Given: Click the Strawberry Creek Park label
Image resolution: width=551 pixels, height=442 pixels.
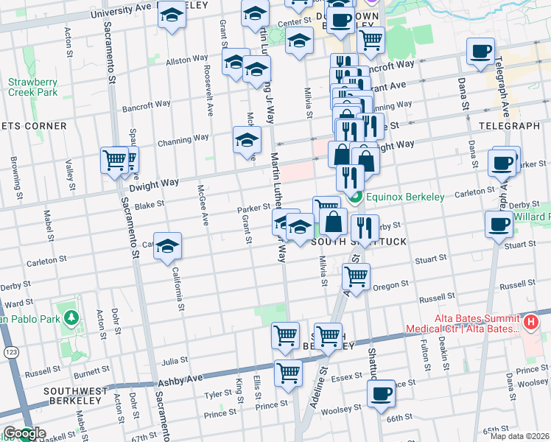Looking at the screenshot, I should point(33,87).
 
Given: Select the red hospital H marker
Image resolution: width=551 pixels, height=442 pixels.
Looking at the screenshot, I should point(529,322).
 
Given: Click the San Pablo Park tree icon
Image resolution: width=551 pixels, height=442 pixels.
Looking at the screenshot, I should point(71,318).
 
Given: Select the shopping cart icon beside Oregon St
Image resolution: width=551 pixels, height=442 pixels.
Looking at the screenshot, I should point(357,277).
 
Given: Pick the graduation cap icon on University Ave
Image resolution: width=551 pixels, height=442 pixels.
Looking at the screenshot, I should point(172,16).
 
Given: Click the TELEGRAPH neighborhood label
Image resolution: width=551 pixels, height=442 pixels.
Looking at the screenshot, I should point(509,127).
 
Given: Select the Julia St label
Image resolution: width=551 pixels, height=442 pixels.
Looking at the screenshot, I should point(174,361).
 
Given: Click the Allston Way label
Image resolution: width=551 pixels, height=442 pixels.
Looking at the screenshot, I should point(187,60).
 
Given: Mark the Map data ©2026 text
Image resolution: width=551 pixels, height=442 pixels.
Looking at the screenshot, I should point(518,436).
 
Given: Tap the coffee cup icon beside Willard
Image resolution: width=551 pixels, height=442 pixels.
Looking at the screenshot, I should point(498,224).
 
